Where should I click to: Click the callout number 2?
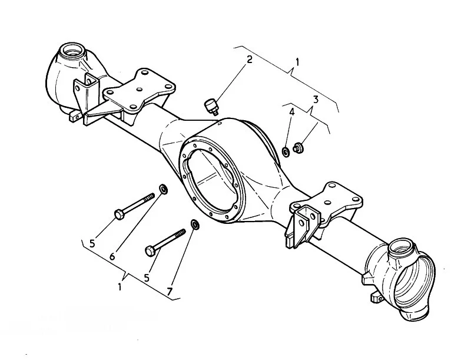tap(249, 59)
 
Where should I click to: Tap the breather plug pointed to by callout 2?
tap(211, 107)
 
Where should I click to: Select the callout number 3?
tap(315, 99)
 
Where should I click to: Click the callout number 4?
tap(291, 113)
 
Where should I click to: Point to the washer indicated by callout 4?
tap(286, 151)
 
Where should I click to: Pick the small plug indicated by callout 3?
tap(298, 147)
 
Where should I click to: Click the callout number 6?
tap(112, 256)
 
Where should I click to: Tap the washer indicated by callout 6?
tap(163, 189)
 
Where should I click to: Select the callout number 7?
tap(170, 291)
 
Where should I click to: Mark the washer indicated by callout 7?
tap(195, 224)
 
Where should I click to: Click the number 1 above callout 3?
tap(297, 62)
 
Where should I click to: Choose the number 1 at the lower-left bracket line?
tap(120, 287)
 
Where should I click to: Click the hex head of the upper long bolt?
tap(120, 214)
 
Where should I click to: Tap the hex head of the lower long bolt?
tap(150, 250)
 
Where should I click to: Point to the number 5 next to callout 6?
tap(92, 243)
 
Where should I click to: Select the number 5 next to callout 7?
tap(146, 278)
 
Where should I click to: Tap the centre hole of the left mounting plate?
tap(139, 90)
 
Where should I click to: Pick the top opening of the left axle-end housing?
tap(71, 49)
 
